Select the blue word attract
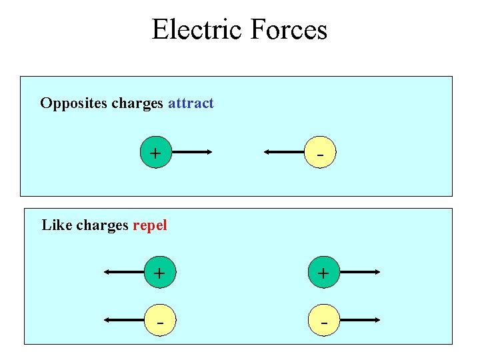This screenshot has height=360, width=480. (x=191, y=103)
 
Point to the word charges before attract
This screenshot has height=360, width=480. (x=137, y=103)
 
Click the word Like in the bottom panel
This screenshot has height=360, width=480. (x=57, y=225)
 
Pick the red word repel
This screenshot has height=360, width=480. (x=150, y=225)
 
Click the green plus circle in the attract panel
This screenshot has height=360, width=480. (x=156, y=153)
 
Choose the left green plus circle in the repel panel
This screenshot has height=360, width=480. (x=159, y=273)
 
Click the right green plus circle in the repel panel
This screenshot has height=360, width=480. (x=323, y=273)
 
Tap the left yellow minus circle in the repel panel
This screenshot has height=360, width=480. (x=159, y=320)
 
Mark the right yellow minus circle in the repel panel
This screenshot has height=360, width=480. (x=323, y=320)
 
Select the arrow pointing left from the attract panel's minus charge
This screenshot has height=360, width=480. (x=285, y=153)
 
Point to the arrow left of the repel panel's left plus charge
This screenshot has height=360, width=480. (x=123, y=273)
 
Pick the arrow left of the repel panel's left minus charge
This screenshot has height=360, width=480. (x=123, y=320)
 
